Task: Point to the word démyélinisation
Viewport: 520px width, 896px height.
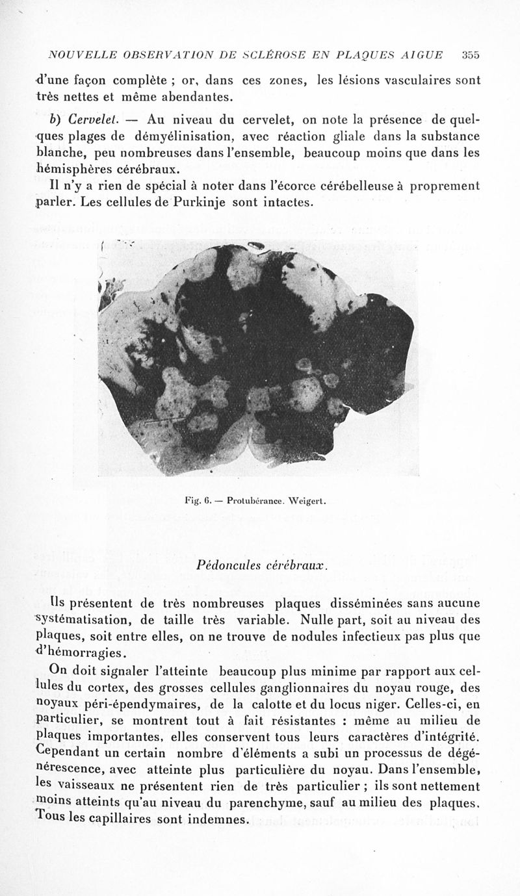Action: pyautogui.click(x=184, y=136)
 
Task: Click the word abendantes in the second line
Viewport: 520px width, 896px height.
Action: pyautogui.click(x=194, y=97)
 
